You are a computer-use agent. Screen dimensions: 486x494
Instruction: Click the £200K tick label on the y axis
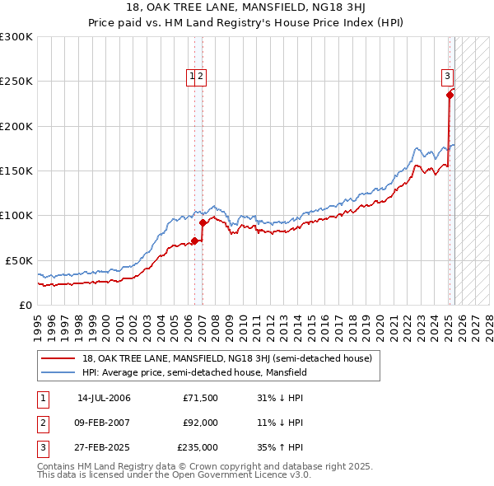(x=16, y=126)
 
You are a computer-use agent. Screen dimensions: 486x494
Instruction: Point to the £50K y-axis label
(x=19, y=260)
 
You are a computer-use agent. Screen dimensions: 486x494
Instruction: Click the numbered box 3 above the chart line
(x=448, y=77)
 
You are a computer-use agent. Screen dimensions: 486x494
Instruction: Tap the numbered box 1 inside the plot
(x=192, y=77)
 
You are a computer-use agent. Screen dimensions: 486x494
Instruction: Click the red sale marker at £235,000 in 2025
(x=450, y=95)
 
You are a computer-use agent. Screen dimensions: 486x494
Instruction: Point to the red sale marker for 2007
(x=203, y=222)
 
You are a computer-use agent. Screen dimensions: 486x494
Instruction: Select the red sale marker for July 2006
(x=195, y=241)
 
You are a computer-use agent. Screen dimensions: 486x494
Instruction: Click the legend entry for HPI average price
(x=194, y=372)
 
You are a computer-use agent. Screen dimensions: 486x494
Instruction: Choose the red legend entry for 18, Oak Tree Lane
(x=227, y=358)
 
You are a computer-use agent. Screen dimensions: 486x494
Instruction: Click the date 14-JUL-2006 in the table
(x=104, y=398)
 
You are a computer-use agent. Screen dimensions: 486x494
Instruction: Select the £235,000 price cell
(x=198, y=449)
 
